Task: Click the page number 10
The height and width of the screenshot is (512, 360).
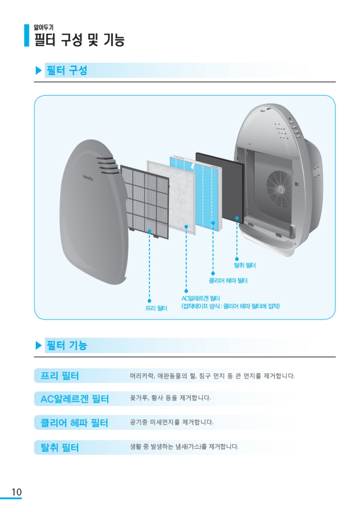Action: pyautogui.click(x=17, y=492)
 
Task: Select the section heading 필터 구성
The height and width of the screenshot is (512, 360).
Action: pyautogui.click(x=67, y=70)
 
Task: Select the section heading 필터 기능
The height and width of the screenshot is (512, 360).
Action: pyautogui.click(x=67, y=345)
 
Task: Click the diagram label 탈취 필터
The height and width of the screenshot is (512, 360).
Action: pyautogui.click(x=244, y=265)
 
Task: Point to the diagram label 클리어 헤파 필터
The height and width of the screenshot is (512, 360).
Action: pyautogui.click(x=228, y=281)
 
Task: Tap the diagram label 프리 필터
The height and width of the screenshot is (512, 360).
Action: pyautogui.click(x=156, y=308)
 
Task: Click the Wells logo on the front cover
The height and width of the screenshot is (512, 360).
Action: pyautogui.click(x=88, y=178)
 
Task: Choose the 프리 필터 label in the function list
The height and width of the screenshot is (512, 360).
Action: pyautogui.click(x=59, y=376)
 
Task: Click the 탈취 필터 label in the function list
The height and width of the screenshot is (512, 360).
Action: pyautogui.click(x=59, y=447)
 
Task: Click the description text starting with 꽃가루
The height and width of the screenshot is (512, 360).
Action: pyautogui.click(x=170, y=398)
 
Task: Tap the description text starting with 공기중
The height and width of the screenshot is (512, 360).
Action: pyautogui.click(x=171, y=422)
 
